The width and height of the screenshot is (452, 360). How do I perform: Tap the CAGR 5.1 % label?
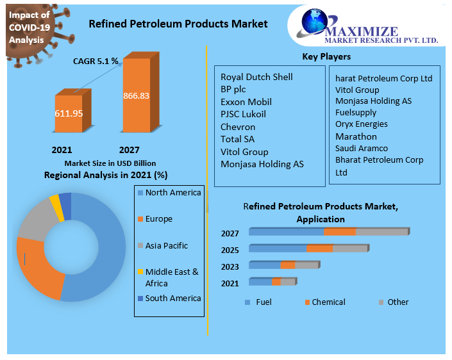(x=95, y=61)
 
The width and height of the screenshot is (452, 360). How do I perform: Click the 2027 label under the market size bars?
(x=129, y=150)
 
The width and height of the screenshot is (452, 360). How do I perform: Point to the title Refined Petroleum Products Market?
(x=178, y=24)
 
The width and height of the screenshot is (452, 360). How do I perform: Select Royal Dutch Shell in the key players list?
(x=256, y=77)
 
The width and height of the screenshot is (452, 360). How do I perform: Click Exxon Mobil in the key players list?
(x=246, y=102)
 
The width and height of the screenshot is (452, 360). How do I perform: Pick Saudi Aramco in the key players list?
(x=362, y=148)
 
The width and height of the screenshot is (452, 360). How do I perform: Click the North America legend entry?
(x=172, y=193)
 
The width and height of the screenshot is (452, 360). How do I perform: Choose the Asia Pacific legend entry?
(x=166, y=245)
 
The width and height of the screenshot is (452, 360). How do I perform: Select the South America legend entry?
(x=172, y=298)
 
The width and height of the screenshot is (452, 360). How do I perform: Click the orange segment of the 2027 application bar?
(x=340, y=231)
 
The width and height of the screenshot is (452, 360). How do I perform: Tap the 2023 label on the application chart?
(x=230, y=266)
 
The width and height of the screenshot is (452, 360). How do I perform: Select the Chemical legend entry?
(x=328, y=302)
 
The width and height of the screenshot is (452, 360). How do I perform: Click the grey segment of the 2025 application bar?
(x=350, y=248)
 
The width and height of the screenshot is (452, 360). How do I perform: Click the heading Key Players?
(x=326, y=57)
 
